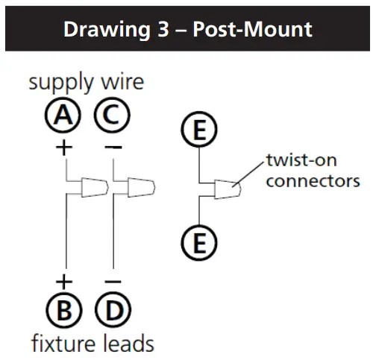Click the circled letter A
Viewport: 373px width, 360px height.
[x=65, y=115]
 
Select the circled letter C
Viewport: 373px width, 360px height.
[x=112, y=115]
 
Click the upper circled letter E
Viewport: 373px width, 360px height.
[x=199, y=132]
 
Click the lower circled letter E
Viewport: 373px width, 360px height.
[x=199, y=242]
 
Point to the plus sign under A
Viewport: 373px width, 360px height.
[x=65, y=147]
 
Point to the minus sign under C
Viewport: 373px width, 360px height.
[x=113, y=147]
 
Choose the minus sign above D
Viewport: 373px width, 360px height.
[x=112, y=281]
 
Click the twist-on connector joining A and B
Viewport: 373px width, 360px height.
[x=93, y=186]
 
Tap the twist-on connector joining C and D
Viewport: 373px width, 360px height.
[x=140, y=186]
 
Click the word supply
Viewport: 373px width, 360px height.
[x=60, y=83]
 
